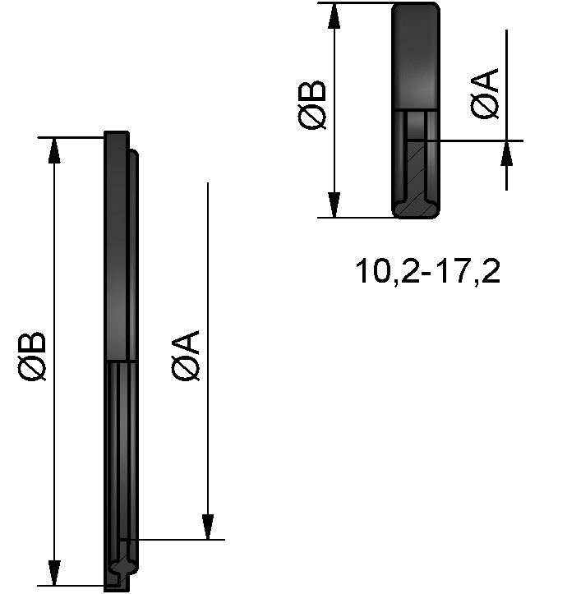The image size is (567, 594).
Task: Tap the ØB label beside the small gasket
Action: click(x=314, y=104)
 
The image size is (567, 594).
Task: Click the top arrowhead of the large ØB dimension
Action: click(x=55, y=151)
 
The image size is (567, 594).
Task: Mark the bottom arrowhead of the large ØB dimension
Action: click(x=55, y=572)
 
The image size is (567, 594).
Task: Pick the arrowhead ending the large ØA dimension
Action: click(x=209, y=526)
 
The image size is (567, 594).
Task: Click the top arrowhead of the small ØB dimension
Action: click(x=334, y=16)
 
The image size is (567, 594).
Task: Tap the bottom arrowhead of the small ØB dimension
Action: click(x=334, y=204)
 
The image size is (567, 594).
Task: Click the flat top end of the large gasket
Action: click(x=117, y=135)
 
